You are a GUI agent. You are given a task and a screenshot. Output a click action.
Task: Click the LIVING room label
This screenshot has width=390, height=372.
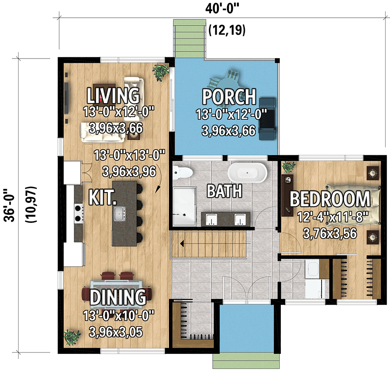(x=113, y=95)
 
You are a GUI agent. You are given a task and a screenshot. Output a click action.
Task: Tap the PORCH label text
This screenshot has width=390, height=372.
(x=229, y=97)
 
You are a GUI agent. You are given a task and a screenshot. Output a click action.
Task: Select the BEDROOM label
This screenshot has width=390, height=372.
(x=330, y=199)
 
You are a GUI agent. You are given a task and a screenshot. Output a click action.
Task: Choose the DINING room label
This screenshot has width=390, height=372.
(x=117, y=297)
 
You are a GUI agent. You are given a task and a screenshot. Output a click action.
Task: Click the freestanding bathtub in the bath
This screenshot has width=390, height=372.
(x=247, y=173)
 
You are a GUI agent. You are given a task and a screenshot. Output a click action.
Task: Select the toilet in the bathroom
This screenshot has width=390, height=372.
(x=182, y=173)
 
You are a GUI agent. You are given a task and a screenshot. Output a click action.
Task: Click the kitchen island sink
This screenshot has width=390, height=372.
(x=120, y=213)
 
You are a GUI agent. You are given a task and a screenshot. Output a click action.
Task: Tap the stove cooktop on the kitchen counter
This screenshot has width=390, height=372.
(x=79, y=212)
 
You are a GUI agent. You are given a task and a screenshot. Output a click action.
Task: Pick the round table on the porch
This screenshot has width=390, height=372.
(x=225, y=81)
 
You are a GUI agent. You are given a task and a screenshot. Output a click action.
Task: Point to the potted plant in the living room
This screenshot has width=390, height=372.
(x=161, y=72)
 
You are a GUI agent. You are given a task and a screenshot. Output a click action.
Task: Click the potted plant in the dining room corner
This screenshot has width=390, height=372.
(x=72, y=337)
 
